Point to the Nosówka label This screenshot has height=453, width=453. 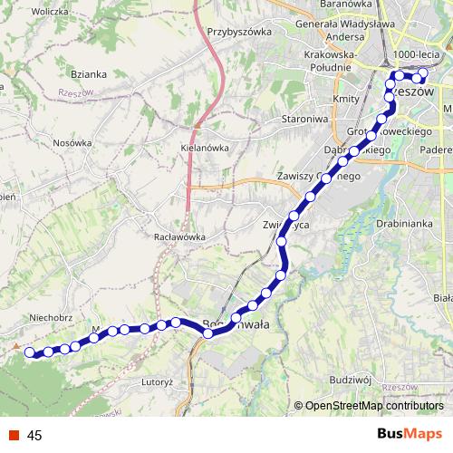[x=72, y=143]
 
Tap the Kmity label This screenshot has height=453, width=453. [x=346, y=98]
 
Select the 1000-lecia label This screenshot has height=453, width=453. [x=419, y=55]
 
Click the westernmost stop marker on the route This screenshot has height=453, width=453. [x=30, y=352]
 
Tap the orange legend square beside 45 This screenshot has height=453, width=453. [x=14, y=435]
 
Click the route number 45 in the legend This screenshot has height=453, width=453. [x=35, y=435]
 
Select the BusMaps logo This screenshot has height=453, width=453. [x=409, y=434]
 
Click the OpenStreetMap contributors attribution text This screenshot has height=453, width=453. [x=373, y=406]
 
